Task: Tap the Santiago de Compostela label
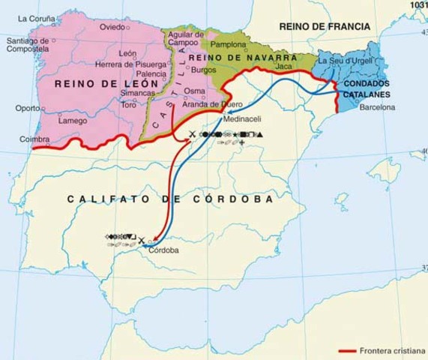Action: (27, 45)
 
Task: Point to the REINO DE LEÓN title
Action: (106, 84)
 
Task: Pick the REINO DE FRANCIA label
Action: (325, 26)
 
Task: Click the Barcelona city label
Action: (378, 108)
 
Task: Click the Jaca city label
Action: (283, 67)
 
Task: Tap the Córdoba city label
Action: (163, 250)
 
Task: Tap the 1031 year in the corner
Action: (418, 4)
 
